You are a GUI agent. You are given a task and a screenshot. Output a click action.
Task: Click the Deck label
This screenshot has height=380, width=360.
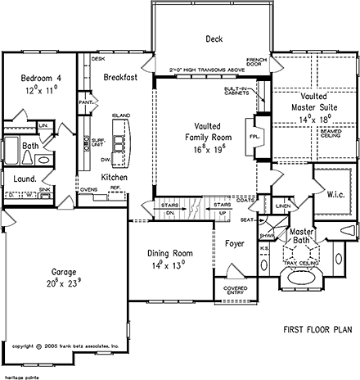214,38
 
